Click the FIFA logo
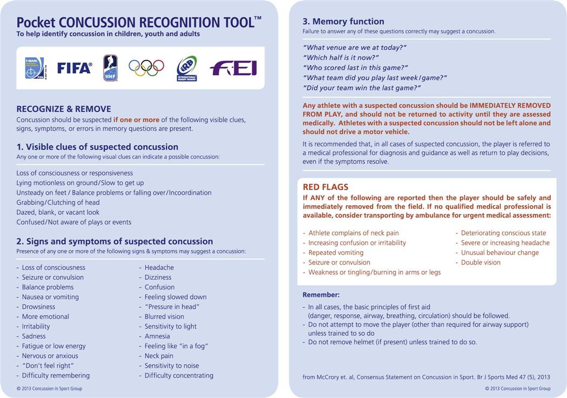[75, 68]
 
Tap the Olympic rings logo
[146, 68]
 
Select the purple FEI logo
[233, 68]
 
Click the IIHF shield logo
[110, 68]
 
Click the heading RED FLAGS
[326, 187]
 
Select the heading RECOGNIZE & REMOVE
[64, 109]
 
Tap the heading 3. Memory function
[343, 22]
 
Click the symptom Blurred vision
[164, 316]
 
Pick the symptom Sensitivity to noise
[172, 366]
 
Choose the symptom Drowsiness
[38, 307]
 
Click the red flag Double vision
[481, 262]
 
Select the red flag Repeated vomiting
[336, 253]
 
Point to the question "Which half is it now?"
[341, 58]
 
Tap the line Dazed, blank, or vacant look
[58, 212]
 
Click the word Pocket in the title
[36, 23]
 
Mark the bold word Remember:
[321, 295]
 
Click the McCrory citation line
[426, 377]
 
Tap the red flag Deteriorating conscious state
[503, 233]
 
